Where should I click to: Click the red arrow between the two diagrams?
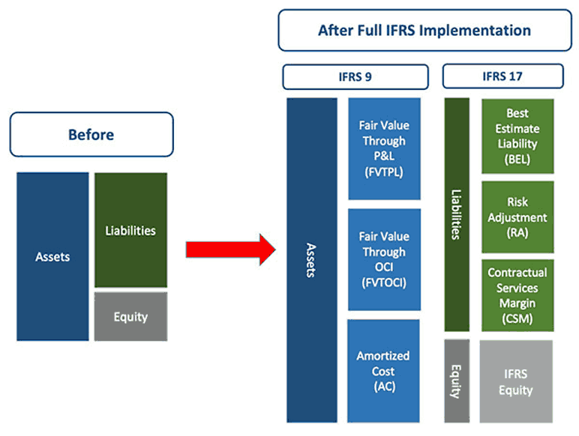tap(229, 249)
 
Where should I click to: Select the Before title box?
tap(91, 135)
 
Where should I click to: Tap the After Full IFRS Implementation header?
tap(424, 31)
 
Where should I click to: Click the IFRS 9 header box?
tap(355, 76)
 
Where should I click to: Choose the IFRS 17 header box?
tap(502, 76)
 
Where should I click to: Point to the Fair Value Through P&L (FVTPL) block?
tap(383, 148)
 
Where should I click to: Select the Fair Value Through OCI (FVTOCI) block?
tap(383, 259)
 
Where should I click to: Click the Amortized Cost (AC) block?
tap(383, 371)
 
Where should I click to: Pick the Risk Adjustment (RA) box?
tap(517, 217)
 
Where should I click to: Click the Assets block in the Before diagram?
tap(52, 257)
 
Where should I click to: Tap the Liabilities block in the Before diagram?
tap(130, 230)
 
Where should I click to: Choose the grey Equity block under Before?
tap(130, 316)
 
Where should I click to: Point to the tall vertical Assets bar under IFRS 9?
tap(310, 260)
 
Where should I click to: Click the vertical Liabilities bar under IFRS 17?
tap(457, 214)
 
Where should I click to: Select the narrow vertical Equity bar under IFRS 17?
tap(457, 381)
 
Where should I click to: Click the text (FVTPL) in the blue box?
tap(383, 171)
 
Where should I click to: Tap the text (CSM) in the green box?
tap(517, 318)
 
